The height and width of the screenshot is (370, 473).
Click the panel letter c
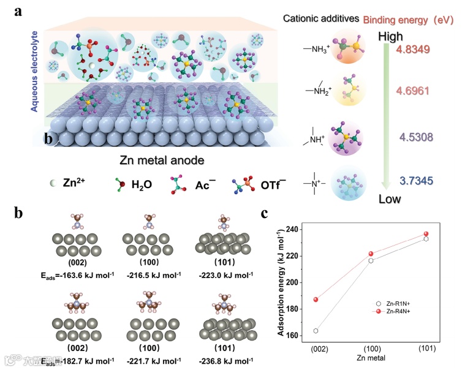pyautogui.click(x=264, y=214)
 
